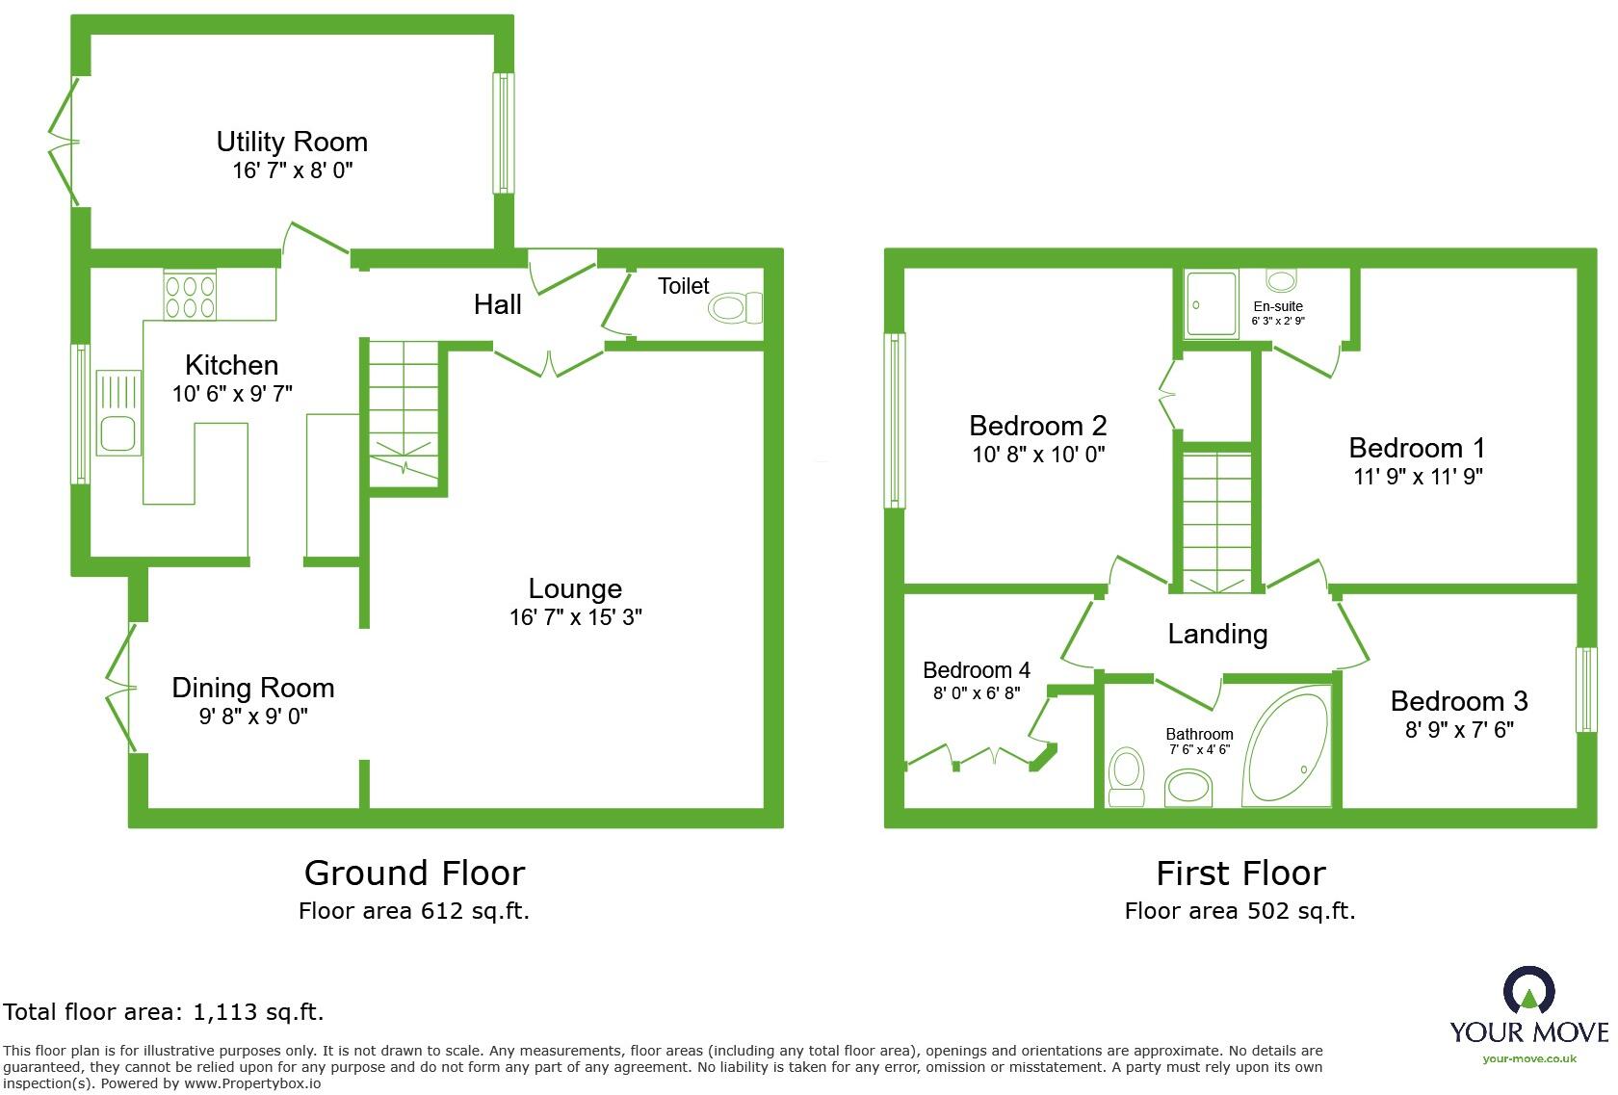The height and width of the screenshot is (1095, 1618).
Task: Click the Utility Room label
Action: pos(292,143)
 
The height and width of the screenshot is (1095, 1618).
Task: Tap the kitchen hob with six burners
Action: pos(190,296)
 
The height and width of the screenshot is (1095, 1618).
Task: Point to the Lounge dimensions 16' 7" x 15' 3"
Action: pos(575,617)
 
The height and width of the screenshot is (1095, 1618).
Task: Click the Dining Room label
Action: pos(253,688)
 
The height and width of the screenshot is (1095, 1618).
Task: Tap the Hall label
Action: pos(497,305)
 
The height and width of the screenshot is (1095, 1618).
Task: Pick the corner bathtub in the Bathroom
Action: pos(1286,747)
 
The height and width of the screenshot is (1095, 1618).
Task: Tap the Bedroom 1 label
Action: pos(1417,448)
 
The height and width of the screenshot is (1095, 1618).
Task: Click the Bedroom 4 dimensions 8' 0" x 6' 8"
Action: pos(976,693)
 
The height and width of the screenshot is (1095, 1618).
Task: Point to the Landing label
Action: pos(1217,634)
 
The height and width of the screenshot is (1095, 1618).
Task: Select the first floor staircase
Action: pos(1216,520)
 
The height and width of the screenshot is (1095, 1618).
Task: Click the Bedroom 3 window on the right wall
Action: pos(1585,689)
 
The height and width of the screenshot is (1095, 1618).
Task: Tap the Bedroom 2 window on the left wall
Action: pos(895,420)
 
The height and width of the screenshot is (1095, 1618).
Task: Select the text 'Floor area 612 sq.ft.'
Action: pos(414,910)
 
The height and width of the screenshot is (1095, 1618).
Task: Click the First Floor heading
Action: pos(1240,873)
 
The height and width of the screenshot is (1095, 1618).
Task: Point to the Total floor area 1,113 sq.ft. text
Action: pos(164,1011)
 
